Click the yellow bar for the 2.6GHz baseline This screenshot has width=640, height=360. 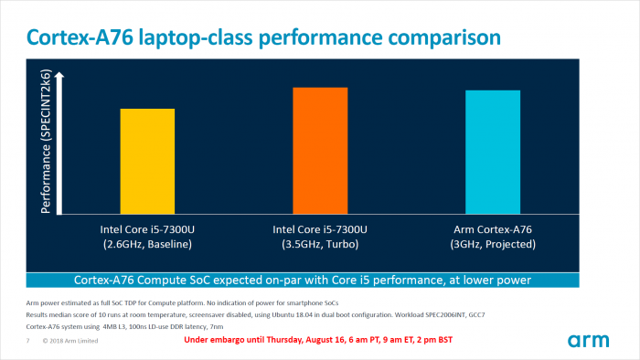pos(147,162)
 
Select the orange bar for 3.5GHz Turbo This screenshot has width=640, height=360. pos(320,151)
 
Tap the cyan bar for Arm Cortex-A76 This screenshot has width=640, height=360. pos(493,153)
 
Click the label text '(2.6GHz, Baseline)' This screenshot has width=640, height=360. pos(147,246)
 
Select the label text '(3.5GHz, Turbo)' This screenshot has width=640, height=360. pos(320,246)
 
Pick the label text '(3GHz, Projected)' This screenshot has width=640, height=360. pos(493,246)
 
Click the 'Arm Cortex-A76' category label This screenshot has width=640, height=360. pos(493,230)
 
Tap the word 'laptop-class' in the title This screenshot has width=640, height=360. pos(208,37)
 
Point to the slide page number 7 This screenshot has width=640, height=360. pos(27,341)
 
